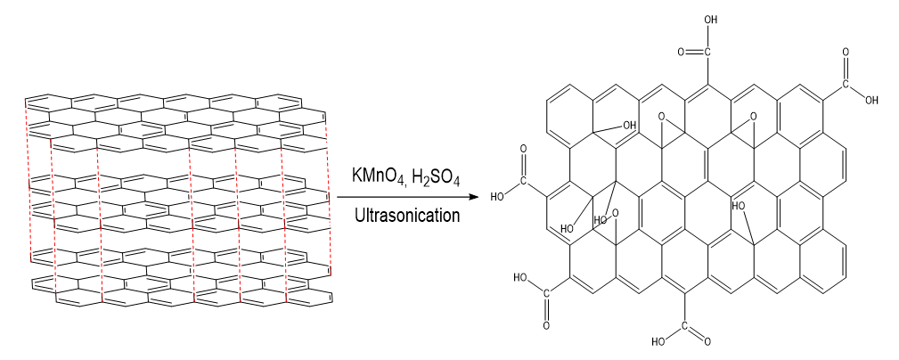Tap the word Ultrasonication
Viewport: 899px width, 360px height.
406,215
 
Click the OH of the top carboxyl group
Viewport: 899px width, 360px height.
710,19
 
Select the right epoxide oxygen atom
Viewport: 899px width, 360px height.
753,116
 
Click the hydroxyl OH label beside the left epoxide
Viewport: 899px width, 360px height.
629,125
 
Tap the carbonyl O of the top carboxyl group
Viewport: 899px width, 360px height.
681,52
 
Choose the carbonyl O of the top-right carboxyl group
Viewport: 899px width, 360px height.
846,54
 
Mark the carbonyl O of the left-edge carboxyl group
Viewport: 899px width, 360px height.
523,149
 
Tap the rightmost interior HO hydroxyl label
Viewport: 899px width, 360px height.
739,206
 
